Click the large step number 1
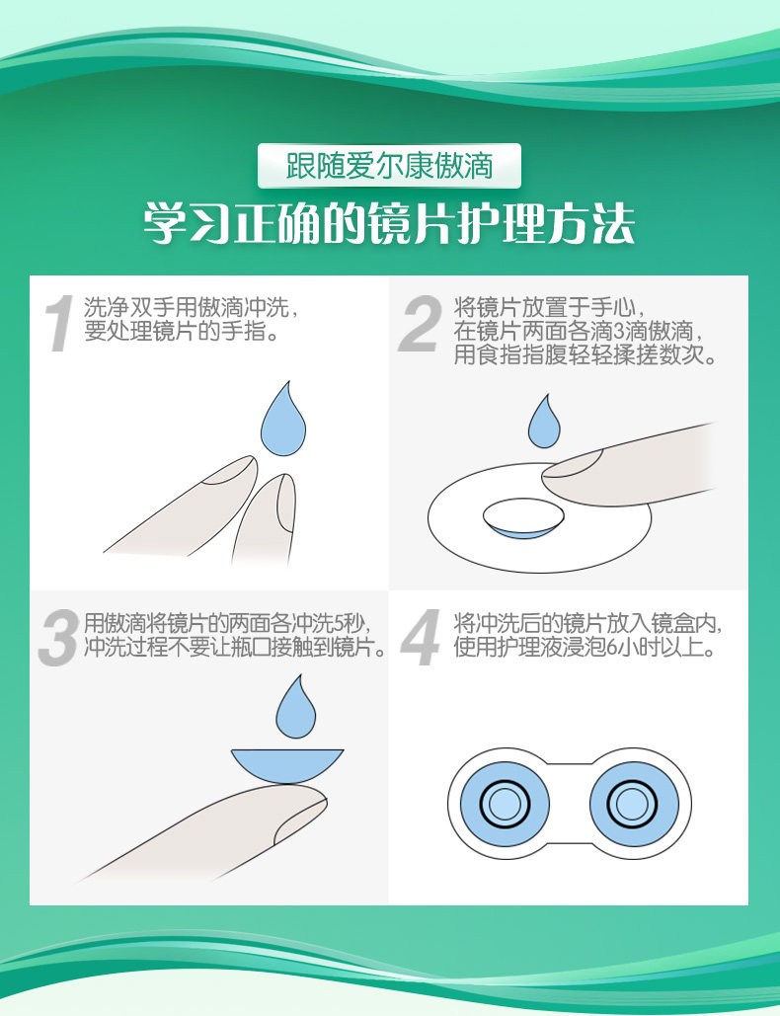pos(59,323)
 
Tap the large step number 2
pos(421,323)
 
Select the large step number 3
pos(59,638)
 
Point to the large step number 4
pos(421,638)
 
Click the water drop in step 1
pos(283,420)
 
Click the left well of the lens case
pos(505,804)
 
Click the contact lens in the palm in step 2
pos(523,518)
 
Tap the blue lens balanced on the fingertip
pos(287,766)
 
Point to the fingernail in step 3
pos(300,820)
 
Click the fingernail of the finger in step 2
pos(573,465)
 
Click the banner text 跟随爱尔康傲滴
pos(389,166)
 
